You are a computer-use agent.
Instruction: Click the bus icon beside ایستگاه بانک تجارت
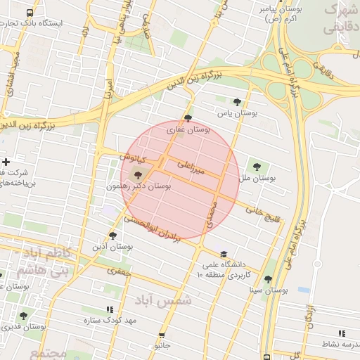(29, 13)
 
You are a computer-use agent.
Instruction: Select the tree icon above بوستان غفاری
(187, 118)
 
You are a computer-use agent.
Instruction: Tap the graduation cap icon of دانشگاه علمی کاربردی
(224, 255)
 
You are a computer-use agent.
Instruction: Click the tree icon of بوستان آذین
(112, 236)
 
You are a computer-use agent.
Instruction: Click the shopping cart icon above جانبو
(163, 335)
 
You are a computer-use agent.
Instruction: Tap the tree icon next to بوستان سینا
(251, 279)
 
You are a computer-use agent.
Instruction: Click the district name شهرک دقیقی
(344, 20)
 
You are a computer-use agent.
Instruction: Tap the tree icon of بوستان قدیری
(23, 316)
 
